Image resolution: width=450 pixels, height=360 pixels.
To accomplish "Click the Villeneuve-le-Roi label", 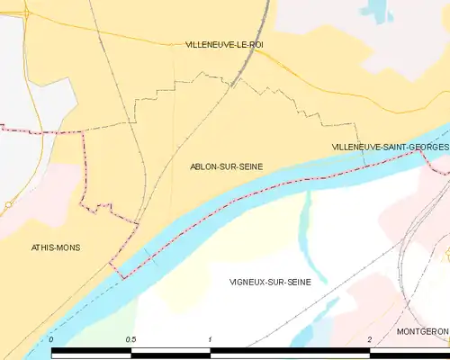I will pyautogui.click(x=224, y=44).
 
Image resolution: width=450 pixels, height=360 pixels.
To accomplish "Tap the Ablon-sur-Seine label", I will pyautogui.click(x=226, y=166).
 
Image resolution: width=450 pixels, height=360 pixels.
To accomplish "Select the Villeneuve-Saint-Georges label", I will pyautogui.click(x=390, y=147).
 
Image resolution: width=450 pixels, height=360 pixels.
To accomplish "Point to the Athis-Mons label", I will pyautogui.click(x=55, y=247).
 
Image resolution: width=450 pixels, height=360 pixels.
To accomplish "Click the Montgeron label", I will pyautogui.click(x=421, y=331).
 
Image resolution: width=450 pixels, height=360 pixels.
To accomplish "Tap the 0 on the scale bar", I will pyautogui.click(x=51, y=339).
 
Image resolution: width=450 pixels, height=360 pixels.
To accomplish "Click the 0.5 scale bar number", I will pyautogui.click(x=131, y=339).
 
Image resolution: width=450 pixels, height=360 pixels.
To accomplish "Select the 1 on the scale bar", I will pyautogui.click(x=210, y=339).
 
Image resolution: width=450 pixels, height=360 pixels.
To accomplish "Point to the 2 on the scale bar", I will pyautogui.click(x=370, y=339).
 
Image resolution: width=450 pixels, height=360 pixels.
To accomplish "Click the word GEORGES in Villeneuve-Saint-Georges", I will pyautogui.click(x=426, y=147).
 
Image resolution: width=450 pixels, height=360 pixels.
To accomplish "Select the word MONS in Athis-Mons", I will pyautogui.click(x=67, y=247).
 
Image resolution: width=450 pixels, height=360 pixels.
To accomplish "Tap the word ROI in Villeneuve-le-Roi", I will pyautogui.click(x=256, y=44).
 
